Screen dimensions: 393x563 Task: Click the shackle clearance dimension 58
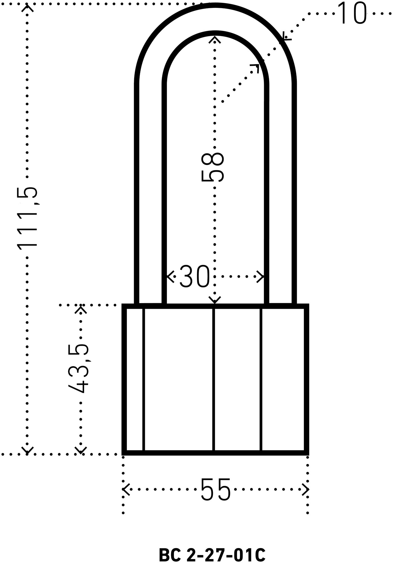(213, 167)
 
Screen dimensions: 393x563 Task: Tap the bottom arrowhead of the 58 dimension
(215, 300)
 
